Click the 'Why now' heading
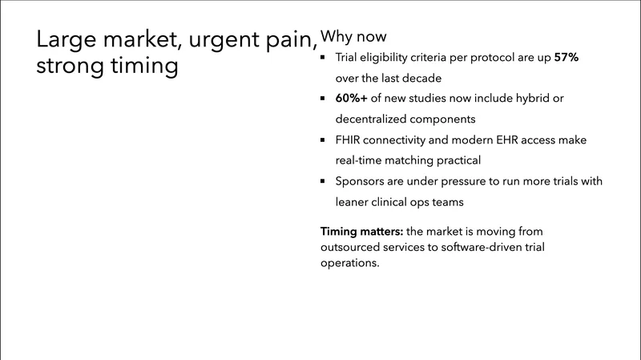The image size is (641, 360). tap(353, 38)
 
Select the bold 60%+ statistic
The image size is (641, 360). tap(353, 99)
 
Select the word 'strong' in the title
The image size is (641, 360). tap(71, 65)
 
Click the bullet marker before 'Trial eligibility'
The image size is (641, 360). tap(323, 59)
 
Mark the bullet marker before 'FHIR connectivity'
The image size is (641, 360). tap(323, 140)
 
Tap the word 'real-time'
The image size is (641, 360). tap(361, 160)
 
